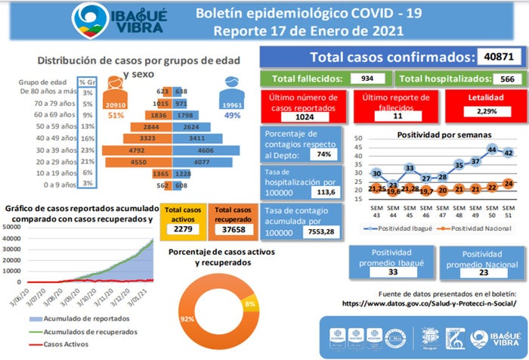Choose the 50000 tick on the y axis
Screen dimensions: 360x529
(x=12, y=227)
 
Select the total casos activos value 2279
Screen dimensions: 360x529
(x=181, y=229)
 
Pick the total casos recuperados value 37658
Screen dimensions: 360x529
(x=231, y=229)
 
